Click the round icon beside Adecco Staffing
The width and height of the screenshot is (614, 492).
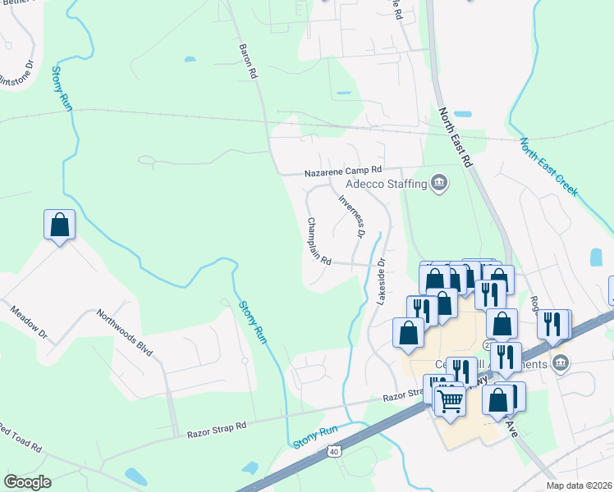click(x=439, y=182)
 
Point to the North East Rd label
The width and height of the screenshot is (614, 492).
click(x=456, y=138)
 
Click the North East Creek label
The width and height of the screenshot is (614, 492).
click(x=548, y=166)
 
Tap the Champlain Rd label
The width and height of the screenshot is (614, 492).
click(x=318, y=241)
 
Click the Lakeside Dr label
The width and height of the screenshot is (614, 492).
click(x=381, y=283)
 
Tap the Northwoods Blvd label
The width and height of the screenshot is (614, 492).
click(x=125, y=331)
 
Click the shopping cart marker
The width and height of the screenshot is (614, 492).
click(x=450, y=401)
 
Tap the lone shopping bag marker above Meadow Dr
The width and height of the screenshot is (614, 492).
click(x=60, y=225)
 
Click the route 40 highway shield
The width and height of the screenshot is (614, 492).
click(x=332, y=451)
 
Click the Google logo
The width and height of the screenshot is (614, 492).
click(x=27, y=482)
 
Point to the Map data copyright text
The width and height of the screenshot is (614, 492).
click(x=579, y=485)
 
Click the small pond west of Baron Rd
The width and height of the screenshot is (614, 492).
click(x=190, y=59)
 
